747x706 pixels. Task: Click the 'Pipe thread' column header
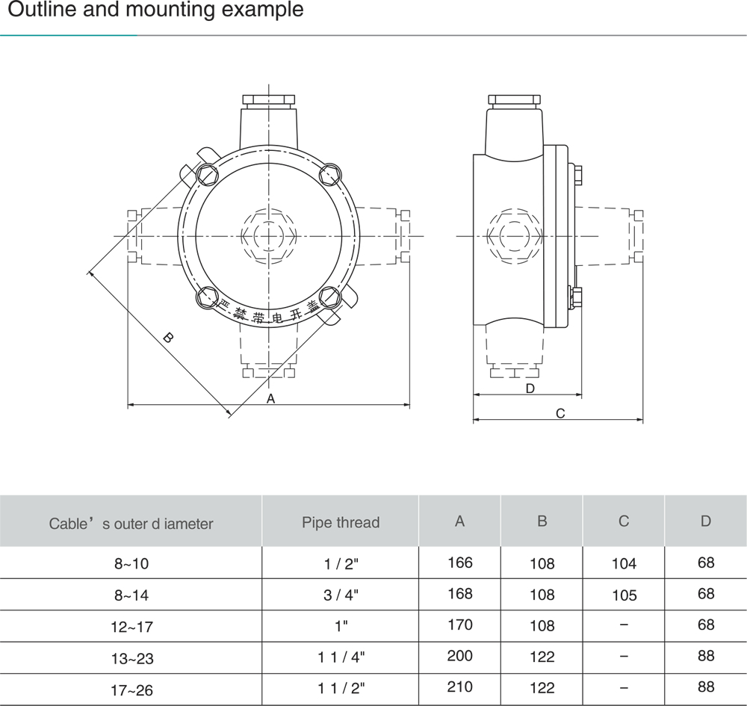click(341, 523)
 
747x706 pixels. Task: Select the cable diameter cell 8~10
click(131, 563)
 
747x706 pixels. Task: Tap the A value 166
click(459, 563)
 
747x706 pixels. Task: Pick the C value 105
click(624, 595)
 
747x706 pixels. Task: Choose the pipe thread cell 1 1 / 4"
click(341, 657)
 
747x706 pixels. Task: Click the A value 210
click(459, 687)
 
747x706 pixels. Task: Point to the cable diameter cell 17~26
click(132, 690)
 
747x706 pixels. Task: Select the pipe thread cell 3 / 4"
click(341, 595)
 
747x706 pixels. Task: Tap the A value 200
click(459, 655)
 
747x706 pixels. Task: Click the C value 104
click(624, 563)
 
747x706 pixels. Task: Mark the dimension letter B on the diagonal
click(167, 338)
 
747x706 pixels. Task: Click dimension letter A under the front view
click(270, 399)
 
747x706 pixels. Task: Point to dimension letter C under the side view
click(560, 413)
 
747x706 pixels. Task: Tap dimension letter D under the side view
click(530, 388)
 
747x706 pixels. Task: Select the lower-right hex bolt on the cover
click(329, 297)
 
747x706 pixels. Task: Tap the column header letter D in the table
click(706, 521)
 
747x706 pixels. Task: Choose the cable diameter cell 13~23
click(132, 658)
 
